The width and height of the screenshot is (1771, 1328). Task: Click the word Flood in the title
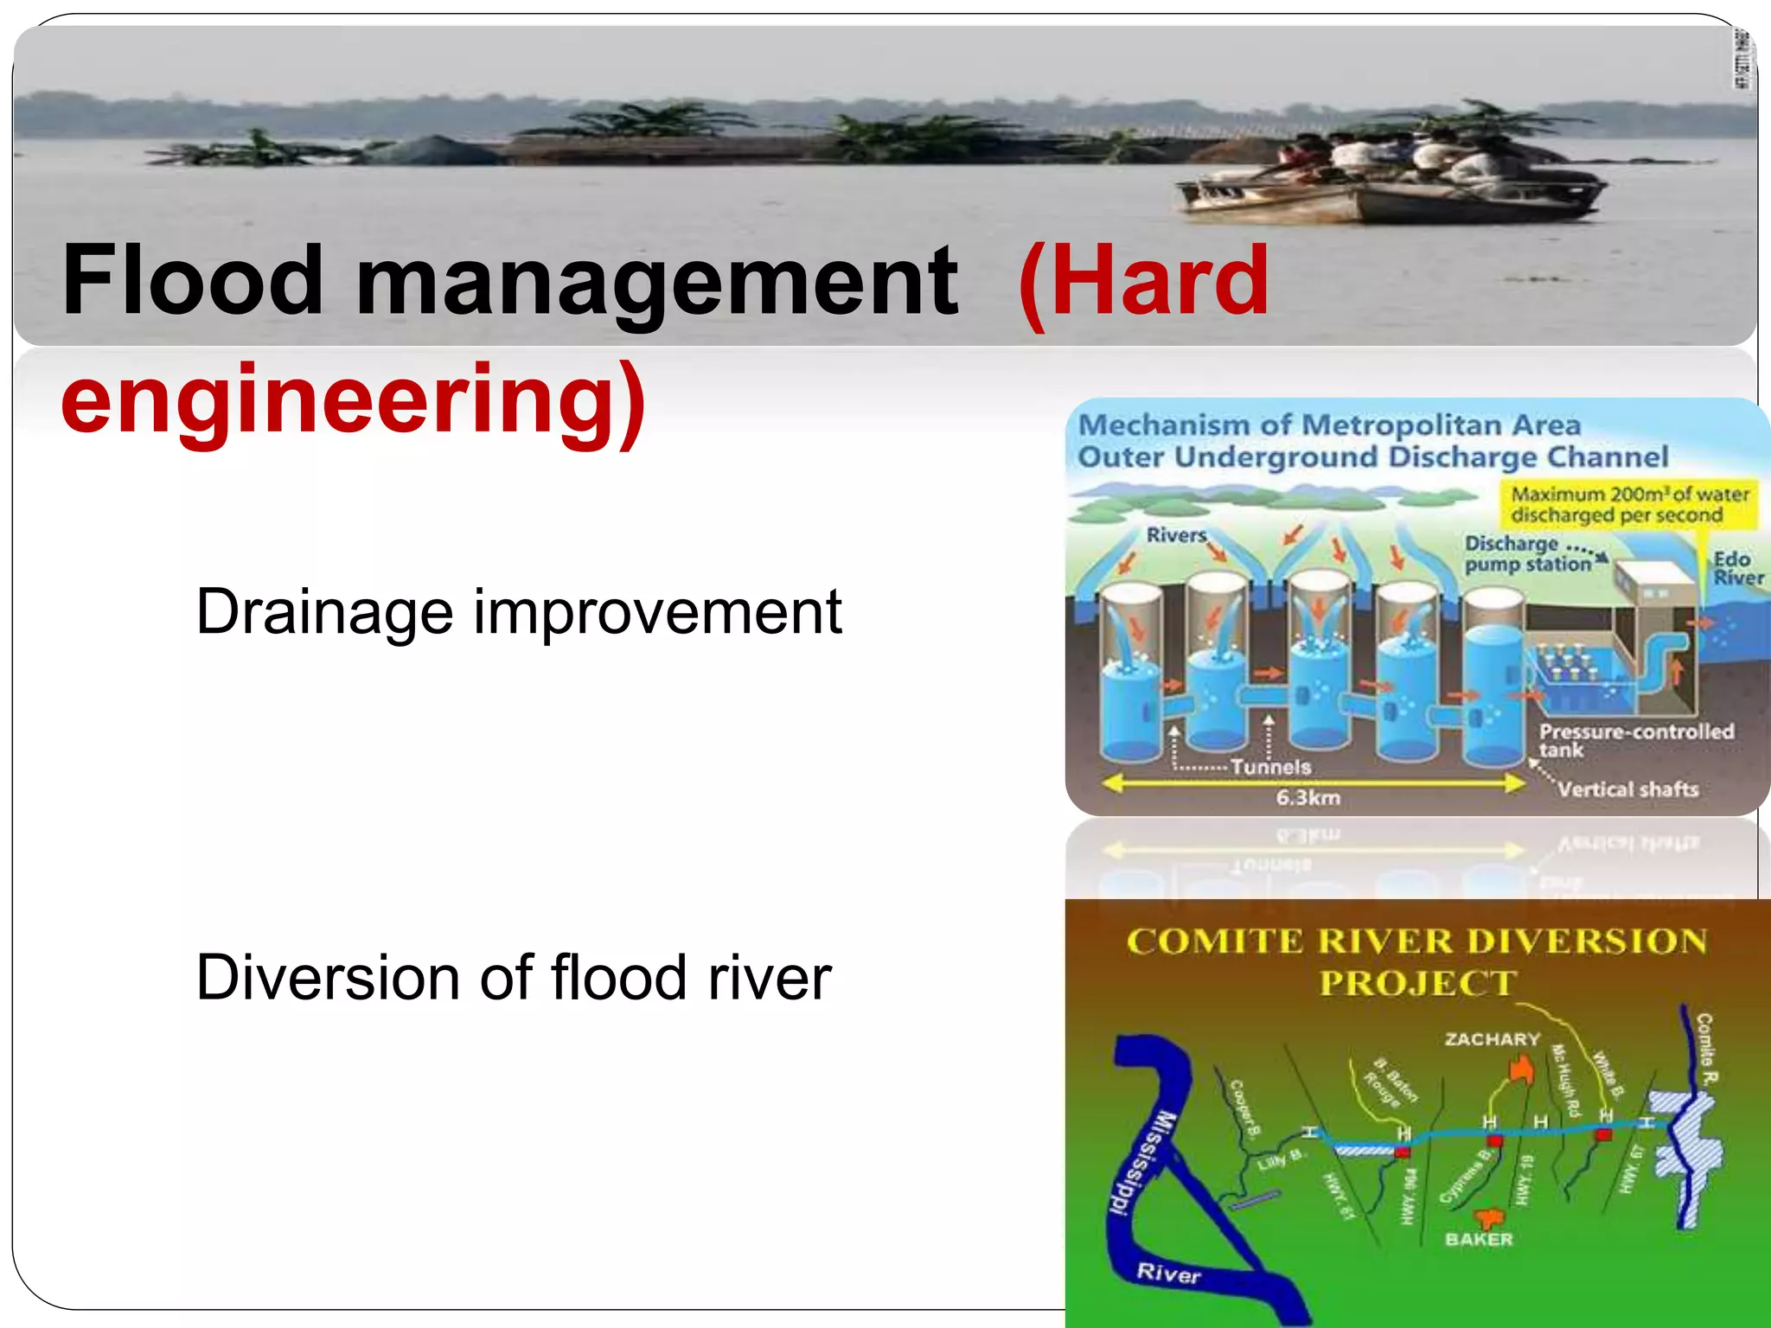192,281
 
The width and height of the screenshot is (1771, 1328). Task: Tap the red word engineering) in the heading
353,400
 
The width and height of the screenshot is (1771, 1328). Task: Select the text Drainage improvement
518,612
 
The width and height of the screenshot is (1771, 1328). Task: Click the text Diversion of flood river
513,978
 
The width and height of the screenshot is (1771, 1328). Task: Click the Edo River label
1736,569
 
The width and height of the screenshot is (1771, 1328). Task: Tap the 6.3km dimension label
1307,797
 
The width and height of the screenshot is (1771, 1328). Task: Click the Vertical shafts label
1627,789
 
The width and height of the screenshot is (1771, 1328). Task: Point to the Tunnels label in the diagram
1270,767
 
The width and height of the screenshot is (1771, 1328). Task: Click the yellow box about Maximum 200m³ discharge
1629,505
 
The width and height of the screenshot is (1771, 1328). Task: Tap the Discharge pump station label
1526,554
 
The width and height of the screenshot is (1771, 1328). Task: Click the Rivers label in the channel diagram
1175,535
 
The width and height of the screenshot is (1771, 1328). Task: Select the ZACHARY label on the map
1493,1039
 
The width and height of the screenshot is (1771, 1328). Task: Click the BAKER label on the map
1479,1239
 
